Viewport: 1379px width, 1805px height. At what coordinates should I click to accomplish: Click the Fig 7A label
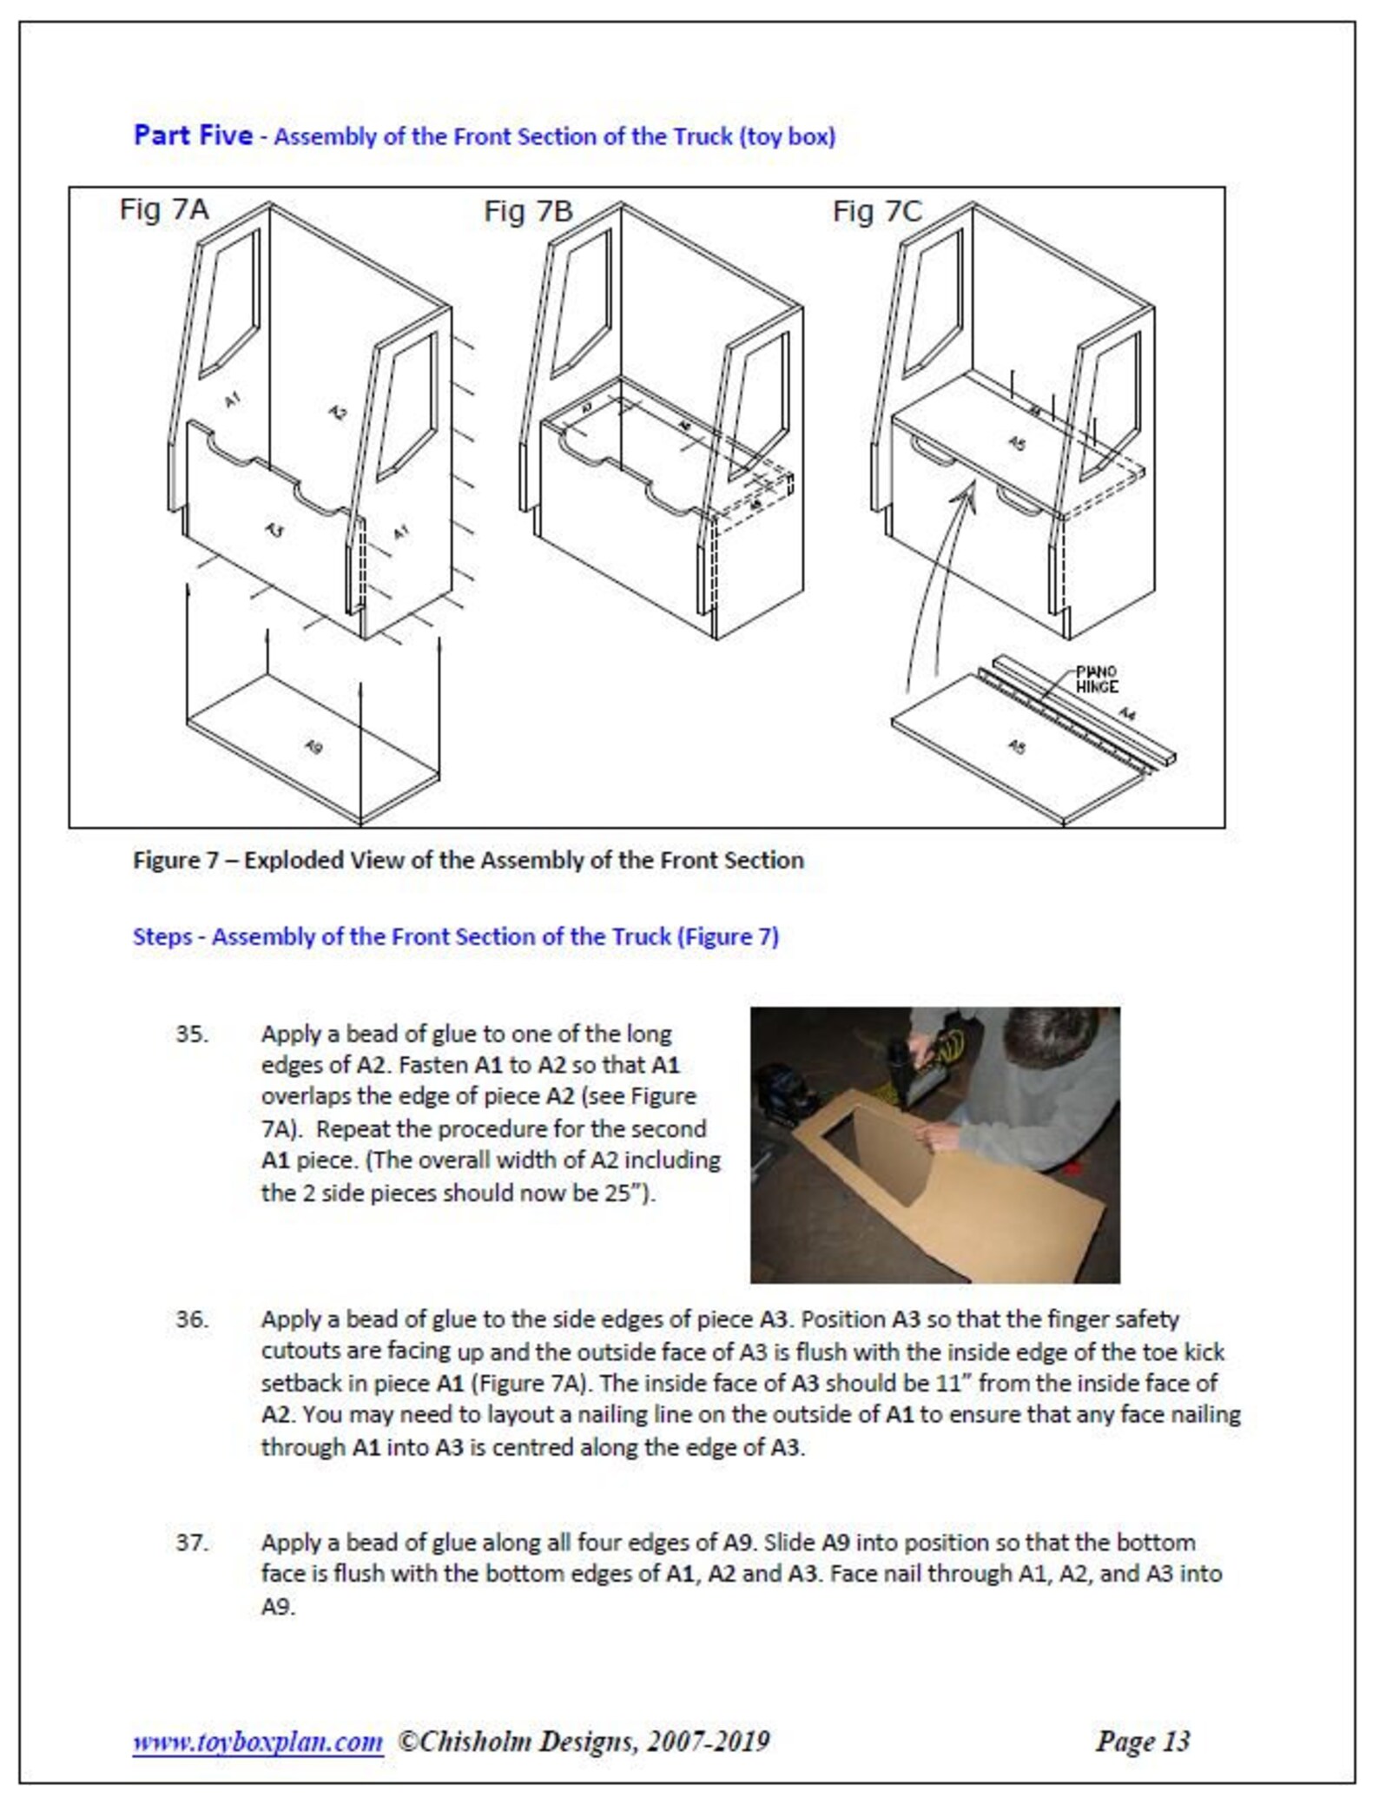point(164,209)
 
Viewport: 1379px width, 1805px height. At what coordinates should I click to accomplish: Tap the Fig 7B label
point(528,211)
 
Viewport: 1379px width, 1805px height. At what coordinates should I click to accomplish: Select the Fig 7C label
point(877,211)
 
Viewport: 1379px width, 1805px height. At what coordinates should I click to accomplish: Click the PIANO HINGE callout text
point(1097,679)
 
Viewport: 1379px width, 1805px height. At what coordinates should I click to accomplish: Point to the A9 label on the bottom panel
point(314,746)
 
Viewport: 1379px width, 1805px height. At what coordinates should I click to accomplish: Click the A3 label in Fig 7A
point(274,529)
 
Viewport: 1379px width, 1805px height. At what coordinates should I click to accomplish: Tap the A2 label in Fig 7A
point(338,412)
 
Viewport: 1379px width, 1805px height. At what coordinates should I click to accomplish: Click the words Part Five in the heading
point(193,136)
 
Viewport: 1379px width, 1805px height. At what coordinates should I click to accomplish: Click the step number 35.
point(192,1035)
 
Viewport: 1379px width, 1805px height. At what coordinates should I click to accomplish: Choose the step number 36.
point(192,1319)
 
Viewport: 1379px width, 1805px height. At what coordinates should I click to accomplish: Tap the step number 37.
point(192,1543)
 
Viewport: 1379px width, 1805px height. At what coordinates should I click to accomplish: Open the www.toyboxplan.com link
point(257,1741)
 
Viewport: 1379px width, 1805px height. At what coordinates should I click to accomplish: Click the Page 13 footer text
point(1142,1741)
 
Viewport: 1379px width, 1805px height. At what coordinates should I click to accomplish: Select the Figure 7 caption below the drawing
point(468,860)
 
